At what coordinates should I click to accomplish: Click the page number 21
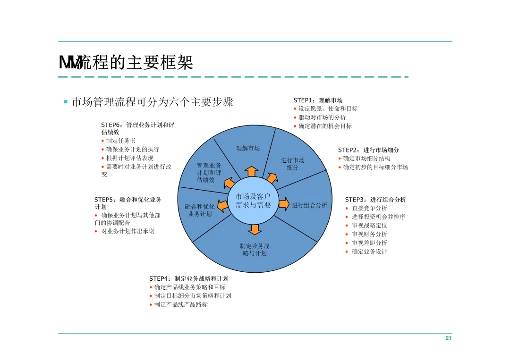point(448,338)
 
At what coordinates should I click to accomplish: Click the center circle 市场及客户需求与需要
point(254,201)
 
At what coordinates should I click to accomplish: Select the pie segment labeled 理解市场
point(248,148)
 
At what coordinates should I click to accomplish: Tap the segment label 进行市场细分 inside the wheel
point(292,164)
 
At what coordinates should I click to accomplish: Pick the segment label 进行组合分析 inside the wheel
point(309,205)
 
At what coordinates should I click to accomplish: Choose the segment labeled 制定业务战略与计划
point(255,250)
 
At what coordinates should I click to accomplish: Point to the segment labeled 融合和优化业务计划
point(199,210)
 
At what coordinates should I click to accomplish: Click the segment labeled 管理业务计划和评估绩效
point(209,172)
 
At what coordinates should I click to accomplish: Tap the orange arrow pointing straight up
point(252,171)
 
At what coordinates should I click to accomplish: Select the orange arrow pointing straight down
point(255,229)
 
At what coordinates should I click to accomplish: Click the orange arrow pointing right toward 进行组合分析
point(284,204)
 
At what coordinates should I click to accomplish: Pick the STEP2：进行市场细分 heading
point(368,150)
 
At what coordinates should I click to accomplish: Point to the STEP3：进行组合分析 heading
point(375,200)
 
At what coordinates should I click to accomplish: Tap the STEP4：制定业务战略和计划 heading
point(189,278)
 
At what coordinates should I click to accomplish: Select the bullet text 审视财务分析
point(369,234)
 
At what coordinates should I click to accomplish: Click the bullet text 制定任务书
point(120,141)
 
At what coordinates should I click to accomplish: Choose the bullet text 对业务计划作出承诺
point(127,231)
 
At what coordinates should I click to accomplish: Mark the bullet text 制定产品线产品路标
point(181,304)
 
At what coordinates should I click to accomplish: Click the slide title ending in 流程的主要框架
point(126,62)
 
